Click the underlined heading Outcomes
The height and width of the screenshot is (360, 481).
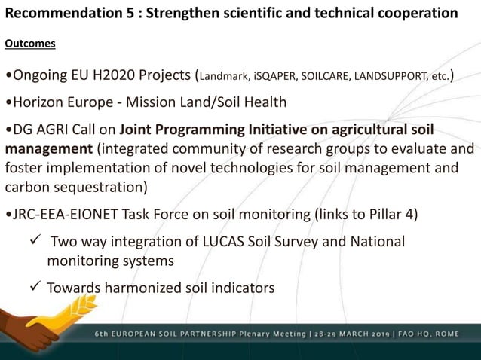(x=30, y=44)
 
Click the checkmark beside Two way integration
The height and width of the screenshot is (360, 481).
(x=32, y=241)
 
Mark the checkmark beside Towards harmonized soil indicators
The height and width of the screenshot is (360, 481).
(x=32, y=288)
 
